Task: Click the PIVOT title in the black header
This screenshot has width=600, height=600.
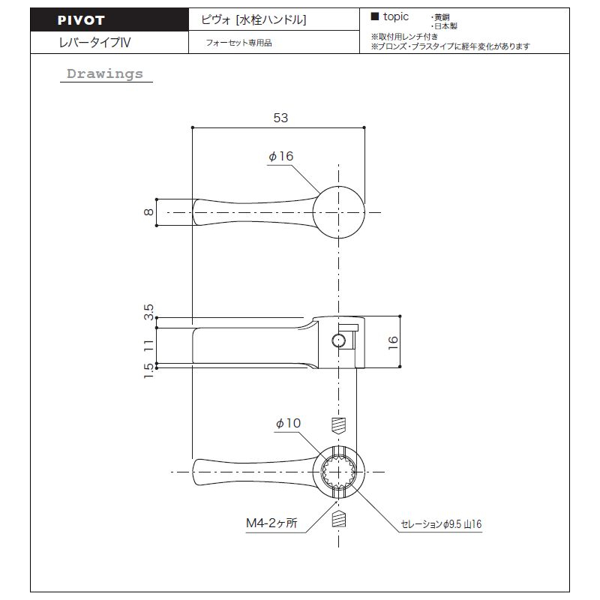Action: [81, 20]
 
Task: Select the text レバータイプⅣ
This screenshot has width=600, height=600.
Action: [95, 42]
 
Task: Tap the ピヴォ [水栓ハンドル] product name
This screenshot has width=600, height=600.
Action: [253, 19]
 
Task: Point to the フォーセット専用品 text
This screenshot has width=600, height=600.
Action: [238, 43]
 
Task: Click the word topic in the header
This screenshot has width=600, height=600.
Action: [396, 16]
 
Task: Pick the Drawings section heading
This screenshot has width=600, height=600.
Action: [105, 73]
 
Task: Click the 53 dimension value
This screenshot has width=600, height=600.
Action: [280, 118]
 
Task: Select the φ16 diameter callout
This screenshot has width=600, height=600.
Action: [280, 156]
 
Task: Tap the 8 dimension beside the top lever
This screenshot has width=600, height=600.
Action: [148, 212]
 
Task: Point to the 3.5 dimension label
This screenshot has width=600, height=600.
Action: [148, 312]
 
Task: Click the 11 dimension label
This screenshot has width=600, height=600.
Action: [148, 345]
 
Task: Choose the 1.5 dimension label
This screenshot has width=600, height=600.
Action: [148, 371]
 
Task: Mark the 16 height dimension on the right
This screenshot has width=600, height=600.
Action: [393, 342]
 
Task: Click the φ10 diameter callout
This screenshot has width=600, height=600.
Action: [288, 423]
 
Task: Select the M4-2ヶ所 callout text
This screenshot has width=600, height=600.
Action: [271, 523]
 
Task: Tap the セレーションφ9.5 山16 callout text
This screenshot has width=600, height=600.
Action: [441, 523]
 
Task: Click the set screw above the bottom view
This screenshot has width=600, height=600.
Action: [338, 425]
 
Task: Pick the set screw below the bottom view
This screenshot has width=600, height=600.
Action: [338, 519]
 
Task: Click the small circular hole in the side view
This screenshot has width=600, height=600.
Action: [339, 340]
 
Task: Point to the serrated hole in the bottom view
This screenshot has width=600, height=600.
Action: [339, 472]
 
